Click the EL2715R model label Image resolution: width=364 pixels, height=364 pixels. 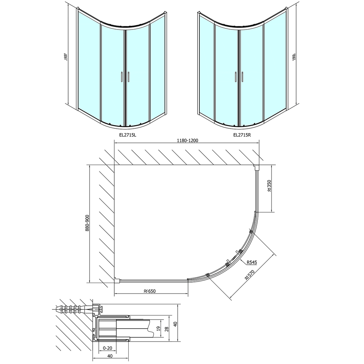[242, 135]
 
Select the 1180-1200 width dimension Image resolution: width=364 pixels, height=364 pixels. [186, 140]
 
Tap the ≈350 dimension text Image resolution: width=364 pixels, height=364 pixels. [269, 186]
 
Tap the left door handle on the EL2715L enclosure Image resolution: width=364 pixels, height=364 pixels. [122, 77]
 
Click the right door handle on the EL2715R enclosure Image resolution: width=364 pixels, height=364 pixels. [242, 77]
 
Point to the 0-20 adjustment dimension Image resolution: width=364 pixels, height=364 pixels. [108, 348]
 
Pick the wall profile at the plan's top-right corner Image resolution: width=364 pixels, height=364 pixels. [257, 167]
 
